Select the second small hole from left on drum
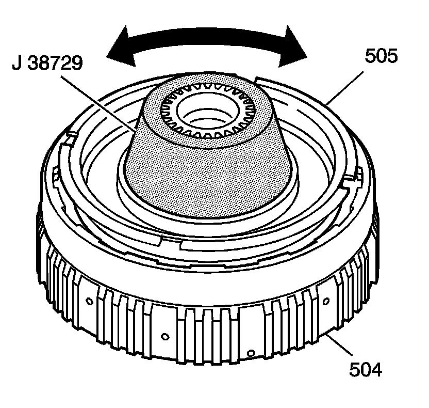click(164, 337)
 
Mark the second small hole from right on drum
click(250, 353)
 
